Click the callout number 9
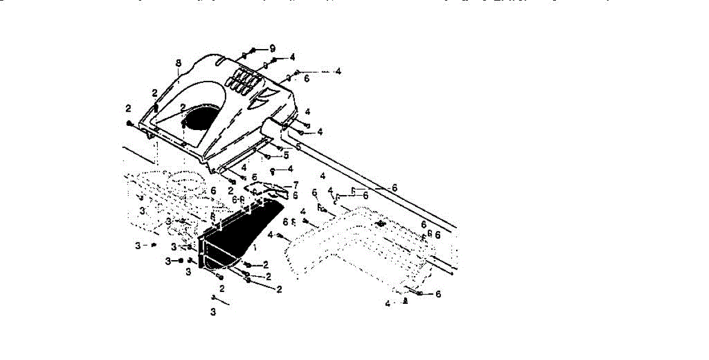click(273, 48)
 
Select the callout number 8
click(178, 63)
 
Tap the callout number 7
click(295, 185)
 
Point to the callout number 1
click(255, 245)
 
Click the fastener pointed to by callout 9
click(253, 50)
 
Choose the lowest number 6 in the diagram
click(438, 294)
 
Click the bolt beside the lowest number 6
click(418, 293)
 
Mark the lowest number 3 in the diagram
click(213, 312)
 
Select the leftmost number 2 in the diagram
click(128, 108)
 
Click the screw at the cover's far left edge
click(129, 123)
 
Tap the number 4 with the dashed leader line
click(337, 72)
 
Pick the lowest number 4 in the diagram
click(388, 304)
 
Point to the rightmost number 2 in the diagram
click(278, 289)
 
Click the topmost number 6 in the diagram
click(307, 78)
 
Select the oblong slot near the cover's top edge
click(218, 61)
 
